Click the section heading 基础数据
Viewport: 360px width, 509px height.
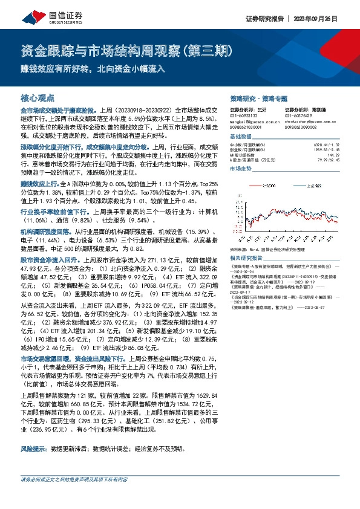(x=241, y=137)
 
